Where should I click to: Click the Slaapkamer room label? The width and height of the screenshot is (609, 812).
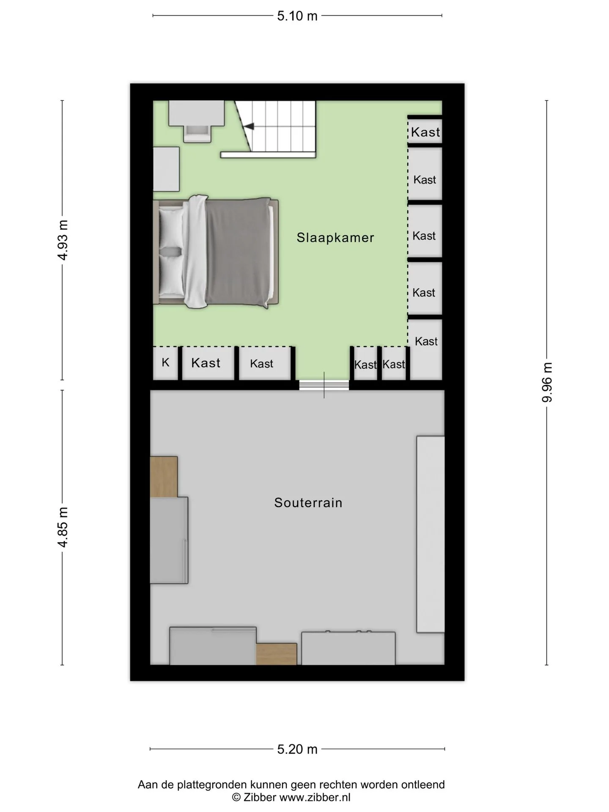[x=335, y=238]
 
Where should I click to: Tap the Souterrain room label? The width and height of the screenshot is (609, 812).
[x=308, y=502]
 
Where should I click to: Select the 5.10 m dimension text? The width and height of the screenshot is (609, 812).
[x=297, y=16]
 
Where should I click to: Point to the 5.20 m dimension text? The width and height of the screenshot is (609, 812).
[x=297, y=749]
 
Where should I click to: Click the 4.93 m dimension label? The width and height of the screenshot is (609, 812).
[x=63, y=240]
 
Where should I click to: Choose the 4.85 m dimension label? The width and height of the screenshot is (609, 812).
[x=63, y=527]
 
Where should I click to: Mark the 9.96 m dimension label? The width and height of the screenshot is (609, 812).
[x=547, y=382]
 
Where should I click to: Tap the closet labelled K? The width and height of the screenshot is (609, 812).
[x=165, y=362]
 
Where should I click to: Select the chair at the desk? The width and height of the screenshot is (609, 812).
[x=197, y=133]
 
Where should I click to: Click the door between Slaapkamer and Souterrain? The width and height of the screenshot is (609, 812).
[x=324, y=385]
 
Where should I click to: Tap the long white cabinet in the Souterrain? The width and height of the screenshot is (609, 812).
[x=431, y=534]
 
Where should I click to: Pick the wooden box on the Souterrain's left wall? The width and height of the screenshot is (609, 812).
[x=164, y=477]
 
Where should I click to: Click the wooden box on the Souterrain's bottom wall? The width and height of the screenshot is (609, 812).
[x=277, y=654]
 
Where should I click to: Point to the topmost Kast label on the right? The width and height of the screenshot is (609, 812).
[x=425, y=132]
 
